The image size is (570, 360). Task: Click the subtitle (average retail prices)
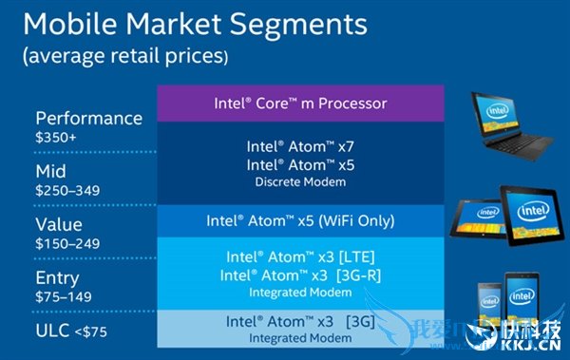coord(124,57)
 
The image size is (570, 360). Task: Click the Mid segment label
coord(52,171)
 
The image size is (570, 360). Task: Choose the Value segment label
coord(59,225)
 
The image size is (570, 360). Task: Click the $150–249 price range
coord(67,243)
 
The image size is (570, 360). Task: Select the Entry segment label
coord(58,278)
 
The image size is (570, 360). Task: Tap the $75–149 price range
coord(63,296)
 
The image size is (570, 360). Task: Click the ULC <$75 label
coord(70,331)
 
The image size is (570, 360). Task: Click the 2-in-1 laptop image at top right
coord(507,123)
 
